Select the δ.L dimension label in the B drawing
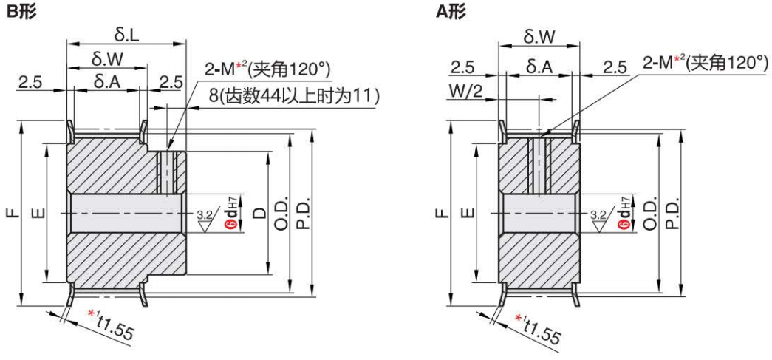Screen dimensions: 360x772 (x=127, y=34)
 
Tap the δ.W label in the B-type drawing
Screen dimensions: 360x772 (x=107, y=58)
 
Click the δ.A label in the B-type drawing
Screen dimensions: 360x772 (x=107, y=80)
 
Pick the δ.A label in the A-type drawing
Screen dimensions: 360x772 (x=539, y=68)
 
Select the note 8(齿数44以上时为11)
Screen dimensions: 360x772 (x=293, y=95)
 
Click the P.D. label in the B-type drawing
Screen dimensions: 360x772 (x=303, y=214)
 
